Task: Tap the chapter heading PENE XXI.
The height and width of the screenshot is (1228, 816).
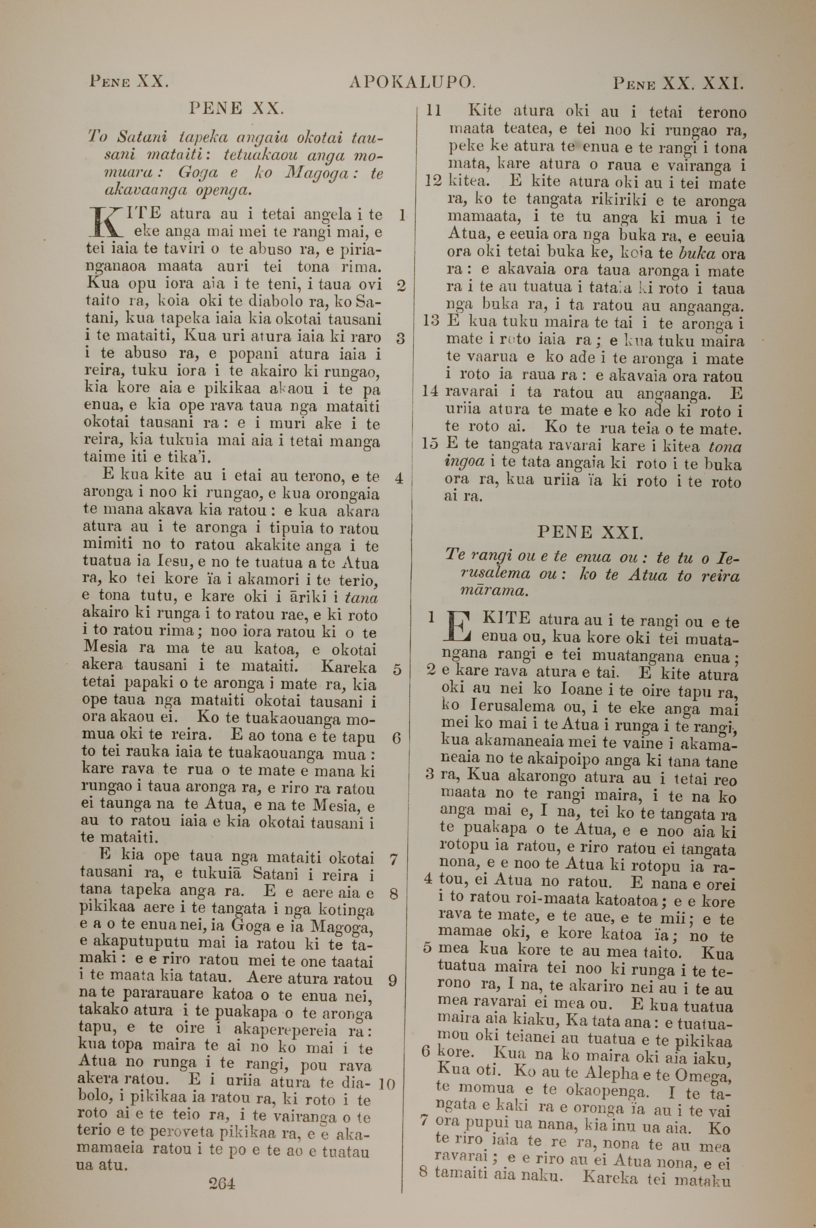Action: (x=590, y=532)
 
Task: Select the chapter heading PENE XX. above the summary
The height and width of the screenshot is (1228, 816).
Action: (x=236, y=108)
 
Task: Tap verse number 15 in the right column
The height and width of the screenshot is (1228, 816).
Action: (x=430, y=444)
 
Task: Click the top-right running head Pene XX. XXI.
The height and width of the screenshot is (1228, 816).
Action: (x=678, y=83)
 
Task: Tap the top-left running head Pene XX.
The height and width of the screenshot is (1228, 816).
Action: (x=129, y=81)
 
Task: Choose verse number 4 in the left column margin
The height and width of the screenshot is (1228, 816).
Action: (x=399, y=478)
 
